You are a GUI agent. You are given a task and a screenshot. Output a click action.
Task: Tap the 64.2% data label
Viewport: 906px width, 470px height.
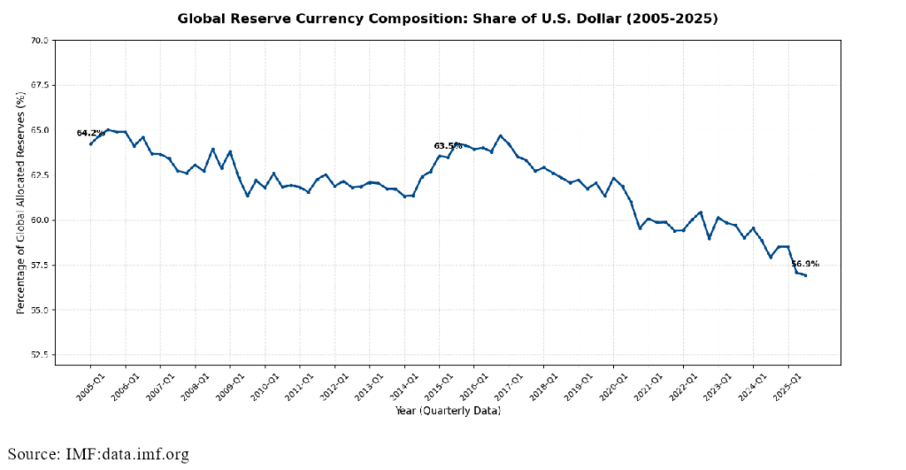90,134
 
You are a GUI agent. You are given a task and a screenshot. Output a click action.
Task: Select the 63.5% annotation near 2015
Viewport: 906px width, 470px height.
448,146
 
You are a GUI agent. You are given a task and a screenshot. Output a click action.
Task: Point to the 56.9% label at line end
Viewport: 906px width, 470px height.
805,264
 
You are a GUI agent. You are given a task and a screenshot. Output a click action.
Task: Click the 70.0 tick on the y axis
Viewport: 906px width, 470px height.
39,41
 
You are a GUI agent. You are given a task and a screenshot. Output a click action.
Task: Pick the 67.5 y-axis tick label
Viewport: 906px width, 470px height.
39,86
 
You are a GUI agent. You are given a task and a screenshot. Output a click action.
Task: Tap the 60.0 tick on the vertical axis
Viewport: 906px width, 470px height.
39,220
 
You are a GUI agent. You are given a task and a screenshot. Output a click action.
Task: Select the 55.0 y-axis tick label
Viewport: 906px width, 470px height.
39,311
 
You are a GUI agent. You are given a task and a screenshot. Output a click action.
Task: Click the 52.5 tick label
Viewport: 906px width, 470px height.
39,355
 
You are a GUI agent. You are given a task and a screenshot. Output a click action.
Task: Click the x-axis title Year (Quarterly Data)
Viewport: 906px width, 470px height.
448,412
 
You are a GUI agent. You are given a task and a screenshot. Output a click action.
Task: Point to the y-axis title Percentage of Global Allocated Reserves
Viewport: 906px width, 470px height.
21,204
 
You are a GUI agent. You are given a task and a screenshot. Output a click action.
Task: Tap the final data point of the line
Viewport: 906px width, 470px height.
805,275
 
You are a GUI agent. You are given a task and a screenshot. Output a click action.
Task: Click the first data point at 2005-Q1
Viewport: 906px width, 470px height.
90,143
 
